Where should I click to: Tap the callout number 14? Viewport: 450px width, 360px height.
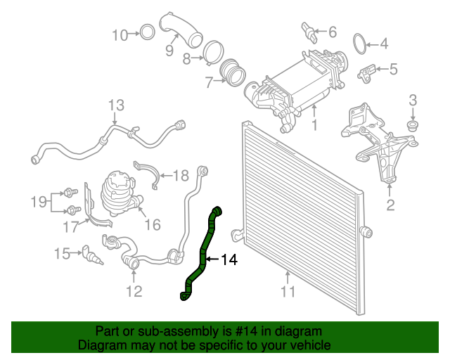point(229,260)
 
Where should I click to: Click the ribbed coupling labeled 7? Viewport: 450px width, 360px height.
point(232,72)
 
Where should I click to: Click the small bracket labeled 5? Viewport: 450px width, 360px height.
point(367,71)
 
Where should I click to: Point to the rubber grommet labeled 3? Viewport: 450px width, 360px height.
point(413,124)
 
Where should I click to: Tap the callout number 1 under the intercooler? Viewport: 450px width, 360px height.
point(314,125)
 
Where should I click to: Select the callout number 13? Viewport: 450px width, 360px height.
point(116,105)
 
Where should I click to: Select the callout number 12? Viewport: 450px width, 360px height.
point(134,290)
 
